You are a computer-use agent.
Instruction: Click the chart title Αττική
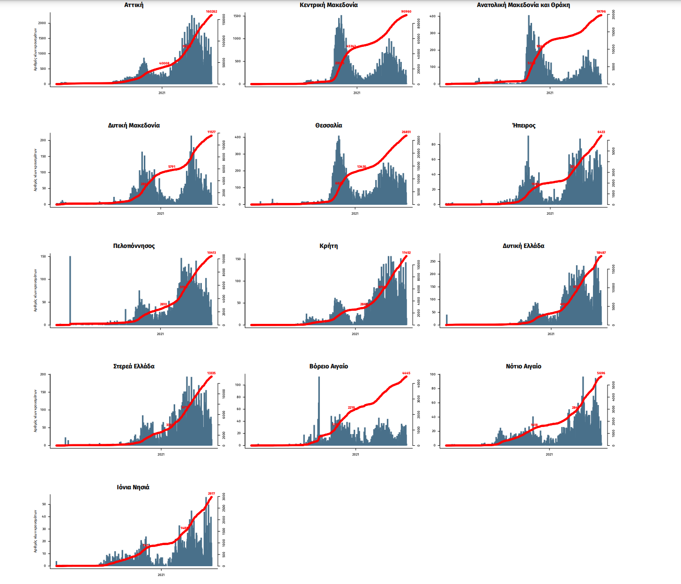click(x=134, y=5)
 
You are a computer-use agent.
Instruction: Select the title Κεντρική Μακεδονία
click(x=328, y=5)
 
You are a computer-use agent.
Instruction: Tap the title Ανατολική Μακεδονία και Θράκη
click(x=523, y=5)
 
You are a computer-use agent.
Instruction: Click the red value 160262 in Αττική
click(x=211, y=11)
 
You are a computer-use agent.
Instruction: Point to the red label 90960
click(x=406, y=11)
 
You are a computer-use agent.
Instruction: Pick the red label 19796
click(x=601, y=12)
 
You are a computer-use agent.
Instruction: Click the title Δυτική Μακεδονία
click(x=134, y=126)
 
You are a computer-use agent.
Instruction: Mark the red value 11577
click(x=211, y=132)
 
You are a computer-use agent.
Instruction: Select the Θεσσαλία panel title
click(x=328, y=126)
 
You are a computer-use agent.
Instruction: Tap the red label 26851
click(x=406, y=132)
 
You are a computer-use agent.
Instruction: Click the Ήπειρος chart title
click(x=524, y=126)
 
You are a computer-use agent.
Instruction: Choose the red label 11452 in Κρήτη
click(x=406, y=253)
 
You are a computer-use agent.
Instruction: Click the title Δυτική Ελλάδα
click(x=523, y=246)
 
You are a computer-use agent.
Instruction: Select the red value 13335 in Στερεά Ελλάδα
click(x=211, y=373)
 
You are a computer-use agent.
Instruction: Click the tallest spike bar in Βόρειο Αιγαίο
click(x=319, y=403)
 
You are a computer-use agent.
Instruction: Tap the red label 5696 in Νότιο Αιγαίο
click(x=601, y=373)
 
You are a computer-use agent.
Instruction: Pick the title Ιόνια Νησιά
click(x=133, y=487)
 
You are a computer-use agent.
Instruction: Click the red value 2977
click(x=211, y=494)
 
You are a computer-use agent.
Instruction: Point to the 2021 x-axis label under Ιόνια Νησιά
click(x=161, y=575)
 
